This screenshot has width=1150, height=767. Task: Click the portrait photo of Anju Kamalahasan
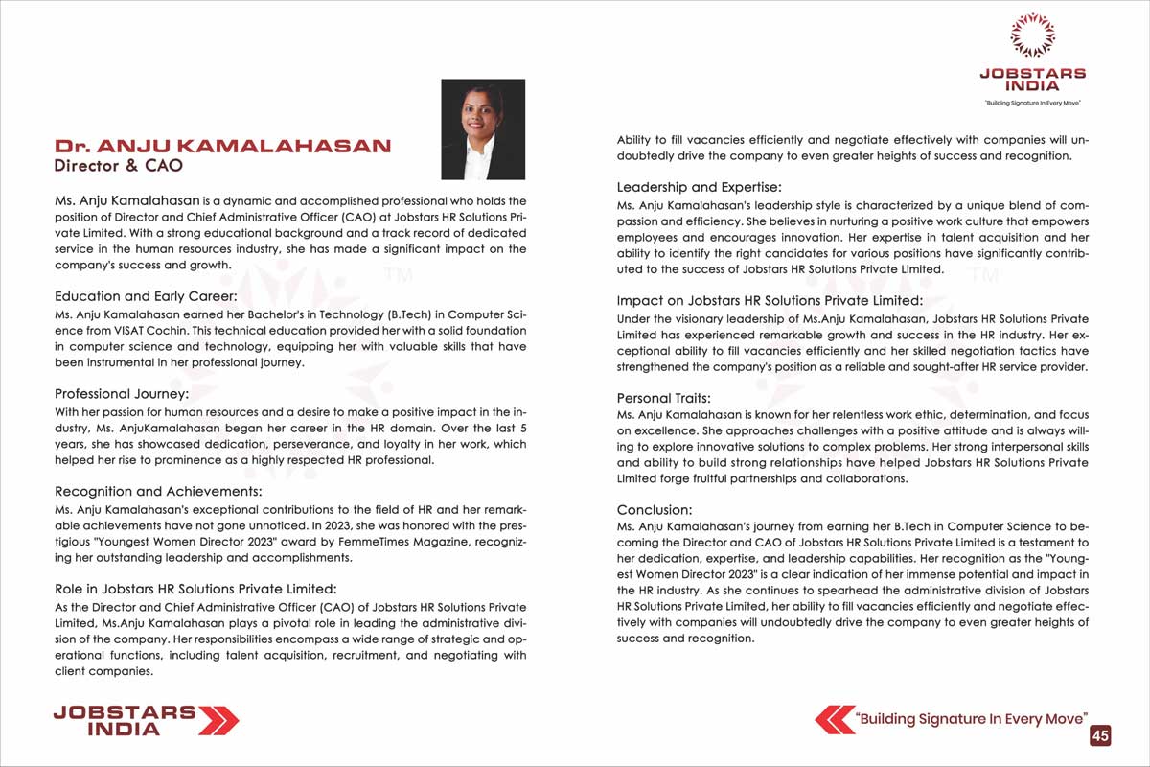click(x=482, y=129)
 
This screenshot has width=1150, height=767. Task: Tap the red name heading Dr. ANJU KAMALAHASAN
click(x=222, y=146)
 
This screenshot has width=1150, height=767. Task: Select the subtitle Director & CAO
click(x=119, y=165)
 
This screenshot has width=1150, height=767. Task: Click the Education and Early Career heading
click(x=146, y=296)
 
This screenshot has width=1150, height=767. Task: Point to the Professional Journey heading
click(x=122, y=394)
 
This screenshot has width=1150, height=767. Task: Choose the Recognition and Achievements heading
click(x=158, y=492)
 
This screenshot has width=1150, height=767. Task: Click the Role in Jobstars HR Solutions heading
click(x=195, y=589)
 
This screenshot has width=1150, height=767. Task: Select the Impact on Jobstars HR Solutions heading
click(x=770, y=300)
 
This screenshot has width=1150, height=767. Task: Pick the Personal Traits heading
click(x=663, y=398)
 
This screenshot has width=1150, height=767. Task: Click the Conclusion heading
click(x=655, y=510)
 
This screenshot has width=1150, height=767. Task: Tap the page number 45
click(x=1100, y=735)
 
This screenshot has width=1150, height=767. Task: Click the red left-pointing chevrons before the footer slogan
click(x=834, y=719)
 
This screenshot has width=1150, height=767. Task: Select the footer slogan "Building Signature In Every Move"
click(x=972, y=718)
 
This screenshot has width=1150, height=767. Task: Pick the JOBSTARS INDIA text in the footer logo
click(x=125, y=720)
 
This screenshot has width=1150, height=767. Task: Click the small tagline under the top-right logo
click(x=1032, y=102)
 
